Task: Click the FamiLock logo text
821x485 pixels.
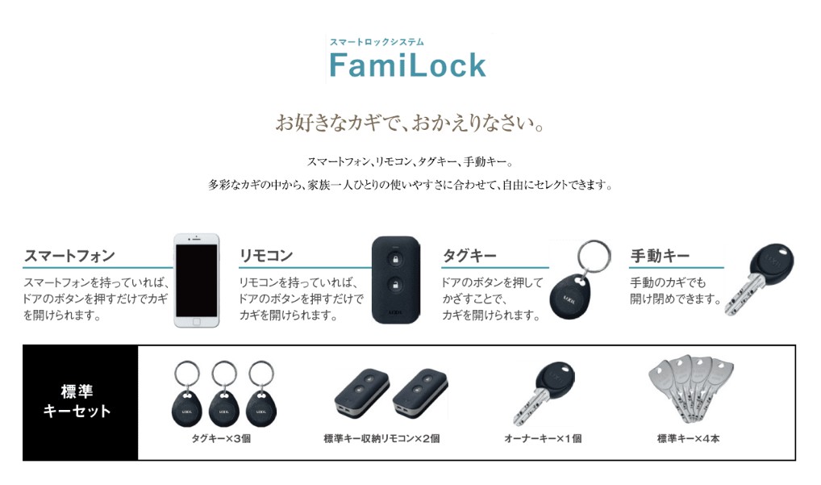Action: click(x=407, y=65)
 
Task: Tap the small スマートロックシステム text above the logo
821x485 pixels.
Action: click(x=377, y=42)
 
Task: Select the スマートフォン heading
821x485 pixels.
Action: click(x=69, y=256)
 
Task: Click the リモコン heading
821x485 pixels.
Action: click(x=266, y=256)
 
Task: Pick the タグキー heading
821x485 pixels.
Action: click(x=469, y=256)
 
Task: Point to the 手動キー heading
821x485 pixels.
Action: click(x=660, y=256)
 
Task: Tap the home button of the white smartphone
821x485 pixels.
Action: click(x=196, y=322)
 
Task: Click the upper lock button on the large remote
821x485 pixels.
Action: click(x=395, y=258)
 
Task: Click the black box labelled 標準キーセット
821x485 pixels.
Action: click(x=80, y=402)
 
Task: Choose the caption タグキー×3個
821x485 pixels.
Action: click(x=221, y=439)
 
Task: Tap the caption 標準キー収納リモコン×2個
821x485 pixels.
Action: click(x=381, y=439)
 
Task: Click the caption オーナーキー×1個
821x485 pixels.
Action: click(x=543, y=439)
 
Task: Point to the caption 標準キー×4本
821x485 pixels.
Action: click(x=688, y=439)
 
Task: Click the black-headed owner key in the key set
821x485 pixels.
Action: click(x=544, y=391)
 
